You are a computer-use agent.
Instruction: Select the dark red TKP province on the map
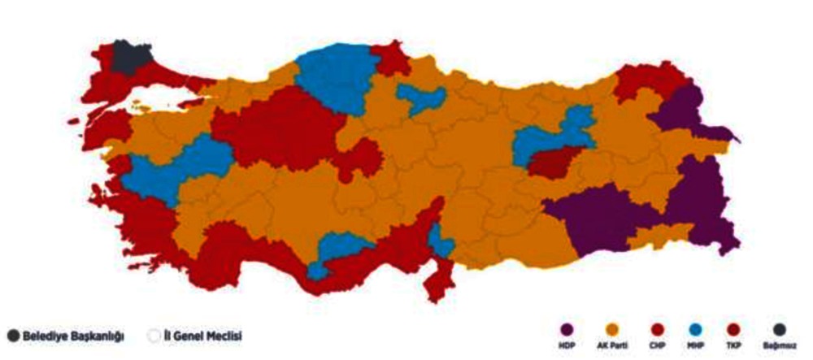[556, 163]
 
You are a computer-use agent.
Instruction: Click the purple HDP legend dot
[567, 329]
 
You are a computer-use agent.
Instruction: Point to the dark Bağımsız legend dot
[778, 329]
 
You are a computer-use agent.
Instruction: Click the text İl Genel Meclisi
[202, 335]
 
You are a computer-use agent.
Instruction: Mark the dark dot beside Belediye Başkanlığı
[13, 335]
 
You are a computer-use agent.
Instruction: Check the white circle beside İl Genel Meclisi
[154, 335]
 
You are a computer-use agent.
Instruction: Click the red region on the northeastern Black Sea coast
[646, 81]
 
